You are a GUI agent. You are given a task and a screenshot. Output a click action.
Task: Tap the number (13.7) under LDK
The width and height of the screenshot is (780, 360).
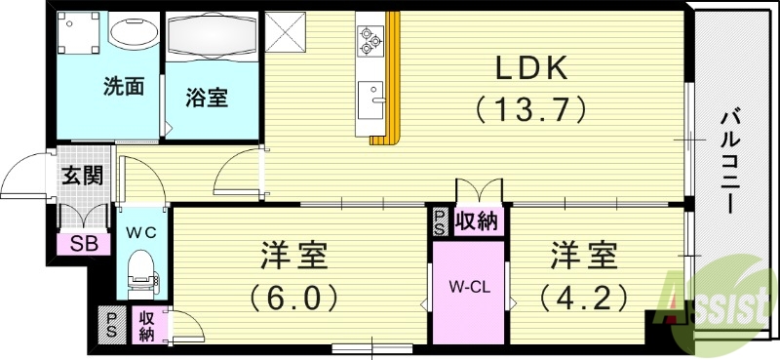[x=530, y=107]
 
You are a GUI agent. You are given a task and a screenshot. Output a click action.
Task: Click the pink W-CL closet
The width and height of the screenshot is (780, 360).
[x=469, y=289]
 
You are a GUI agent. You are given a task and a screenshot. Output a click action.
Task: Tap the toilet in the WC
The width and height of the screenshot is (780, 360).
[x=142, y=266]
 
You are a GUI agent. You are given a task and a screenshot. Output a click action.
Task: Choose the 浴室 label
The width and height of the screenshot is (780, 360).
[x=208, y=98]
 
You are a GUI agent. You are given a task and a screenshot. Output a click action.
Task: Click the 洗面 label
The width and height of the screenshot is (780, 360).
[x=124, y=87]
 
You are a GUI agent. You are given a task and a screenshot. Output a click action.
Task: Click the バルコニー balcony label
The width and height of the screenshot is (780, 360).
[x=729, y=161]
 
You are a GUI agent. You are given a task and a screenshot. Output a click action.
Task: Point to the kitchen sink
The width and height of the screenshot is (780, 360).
[x=370, y=99]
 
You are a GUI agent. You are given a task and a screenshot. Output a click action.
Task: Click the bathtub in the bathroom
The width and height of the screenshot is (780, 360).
[x=213, y=37]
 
